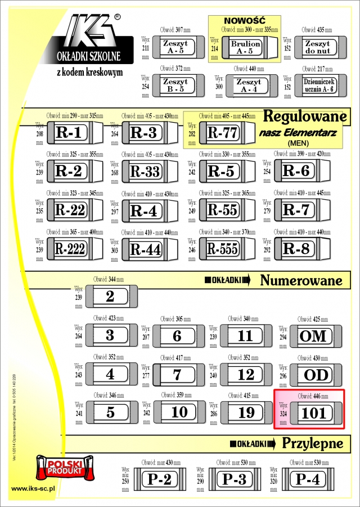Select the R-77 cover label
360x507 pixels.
(x=223, y=133)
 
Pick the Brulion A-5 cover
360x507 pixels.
(x=246, y=47)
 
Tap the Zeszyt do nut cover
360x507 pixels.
(x=317, y=47)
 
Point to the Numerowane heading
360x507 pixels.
(x=301, y=280)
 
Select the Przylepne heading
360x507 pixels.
(x=312, y=443)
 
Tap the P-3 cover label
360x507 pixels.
(x=235, y=479)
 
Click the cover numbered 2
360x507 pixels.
(x=110, y=297)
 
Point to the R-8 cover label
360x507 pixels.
(x=296, y=248)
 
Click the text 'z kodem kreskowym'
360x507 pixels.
(x=89, y=72)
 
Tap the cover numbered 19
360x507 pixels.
(x=246, y=412)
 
